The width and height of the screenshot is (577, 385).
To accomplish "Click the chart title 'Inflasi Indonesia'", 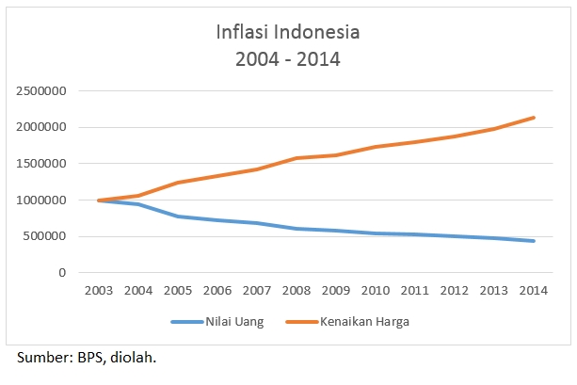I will click(287, 32).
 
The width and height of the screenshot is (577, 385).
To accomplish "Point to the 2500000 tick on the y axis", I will click(40, 91).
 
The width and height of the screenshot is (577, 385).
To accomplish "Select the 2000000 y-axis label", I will click(40, 127).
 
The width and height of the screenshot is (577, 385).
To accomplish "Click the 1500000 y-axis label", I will click(40, 164).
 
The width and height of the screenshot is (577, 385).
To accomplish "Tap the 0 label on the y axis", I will click(62, 273).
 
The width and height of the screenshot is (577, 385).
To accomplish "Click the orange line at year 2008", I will click(297, 158).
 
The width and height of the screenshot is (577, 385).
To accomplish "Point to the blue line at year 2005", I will click(178, 217).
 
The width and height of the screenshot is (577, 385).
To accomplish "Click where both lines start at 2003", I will click(99, 201).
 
